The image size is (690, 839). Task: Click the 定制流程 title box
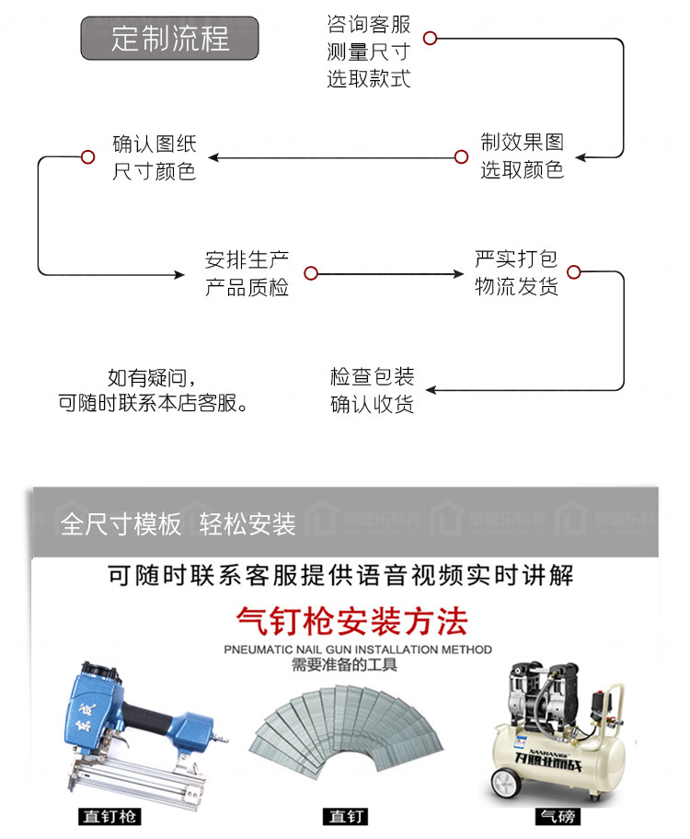(170, 39)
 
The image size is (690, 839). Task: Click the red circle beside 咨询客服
(430, 38)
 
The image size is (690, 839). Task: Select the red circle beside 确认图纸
(87, 156)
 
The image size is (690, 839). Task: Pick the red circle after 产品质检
(310, 273)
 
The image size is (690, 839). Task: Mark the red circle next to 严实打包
(574, 272)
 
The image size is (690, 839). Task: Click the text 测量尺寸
(368, 52)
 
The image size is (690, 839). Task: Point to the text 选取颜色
(522, 170)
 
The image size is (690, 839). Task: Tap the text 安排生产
(247, 260)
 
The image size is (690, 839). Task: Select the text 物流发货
(516, 286)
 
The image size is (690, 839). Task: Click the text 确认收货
(372, 404)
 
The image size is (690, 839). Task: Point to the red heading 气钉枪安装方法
(351, 622)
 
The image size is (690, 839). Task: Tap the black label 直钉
(347, 817)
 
